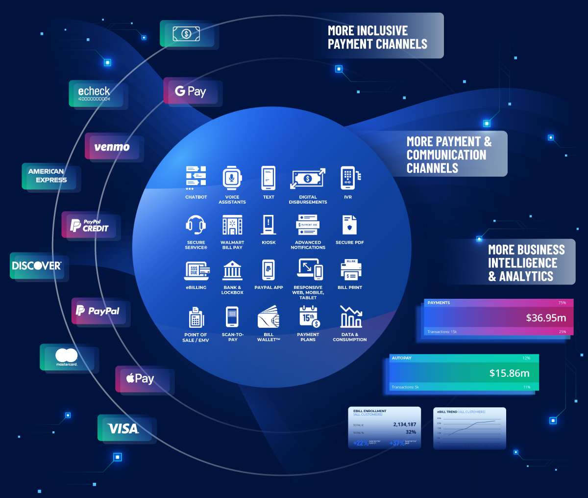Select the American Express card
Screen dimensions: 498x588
click(x=48, y=176)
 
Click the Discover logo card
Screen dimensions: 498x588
click(x=37, y=266)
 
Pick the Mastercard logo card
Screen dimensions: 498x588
click(x=67, y=357)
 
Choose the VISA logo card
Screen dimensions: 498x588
click(x=123, y=428)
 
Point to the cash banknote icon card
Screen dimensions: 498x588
click(x=186, y=34)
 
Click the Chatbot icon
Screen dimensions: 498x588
click(x=196, y=178)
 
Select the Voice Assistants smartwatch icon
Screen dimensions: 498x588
click(x=232, y=178)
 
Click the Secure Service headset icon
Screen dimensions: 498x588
click(x=196, y=225)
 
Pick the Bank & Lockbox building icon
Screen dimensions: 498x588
click(x=232, y=270)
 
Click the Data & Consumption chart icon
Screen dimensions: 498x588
click(x=350, y=317)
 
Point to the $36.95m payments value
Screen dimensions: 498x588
click(x=546, y=318)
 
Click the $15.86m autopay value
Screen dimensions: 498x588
click(x=509, y=373)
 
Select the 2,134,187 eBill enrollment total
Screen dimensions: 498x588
click(x=404, y=424)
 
